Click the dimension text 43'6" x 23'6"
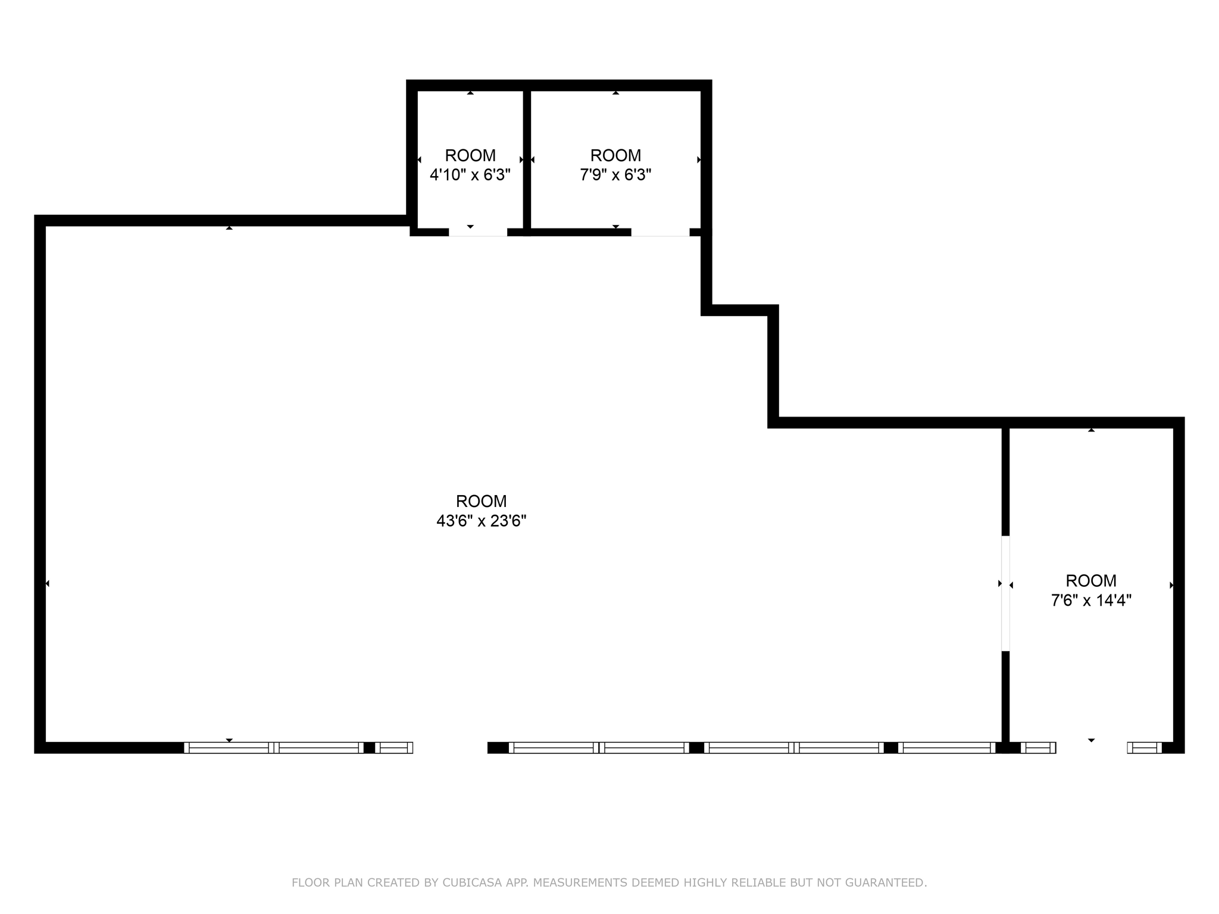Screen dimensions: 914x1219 pos(481,521)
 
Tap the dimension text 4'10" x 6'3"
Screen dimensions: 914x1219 pos(470,175)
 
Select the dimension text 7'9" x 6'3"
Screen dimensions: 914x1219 pos(615,175)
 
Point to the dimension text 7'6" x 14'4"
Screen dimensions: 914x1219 pos(1091,600)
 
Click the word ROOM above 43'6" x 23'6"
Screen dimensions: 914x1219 pos(481,501)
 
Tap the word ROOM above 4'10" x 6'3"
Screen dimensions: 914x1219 pos(470,155)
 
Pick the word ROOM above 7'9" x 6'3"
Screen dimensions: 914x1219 pos(615,155)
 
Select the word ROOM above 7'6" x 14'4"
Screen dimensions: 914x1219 pos(1091,580)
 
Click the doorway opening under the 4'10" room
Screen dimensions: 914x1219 pos(478,233)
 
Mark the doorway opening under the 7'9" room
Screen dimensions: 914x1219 pos(660,233)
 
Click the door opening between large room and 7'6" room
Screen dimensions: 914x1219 pos(1005,593)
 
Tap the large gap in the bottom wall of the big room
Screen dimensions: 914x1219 pos(450,747)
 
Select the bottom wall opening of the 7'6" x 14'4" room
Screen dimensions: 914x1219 pos(1092,747)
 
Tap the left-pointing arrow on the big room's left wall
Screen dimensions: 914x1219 pos(47,584)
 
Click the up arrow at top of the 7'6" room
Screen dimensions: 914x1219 pos(1091,430)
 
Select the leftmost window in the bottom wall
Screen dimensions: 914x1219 pos(229,747)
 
